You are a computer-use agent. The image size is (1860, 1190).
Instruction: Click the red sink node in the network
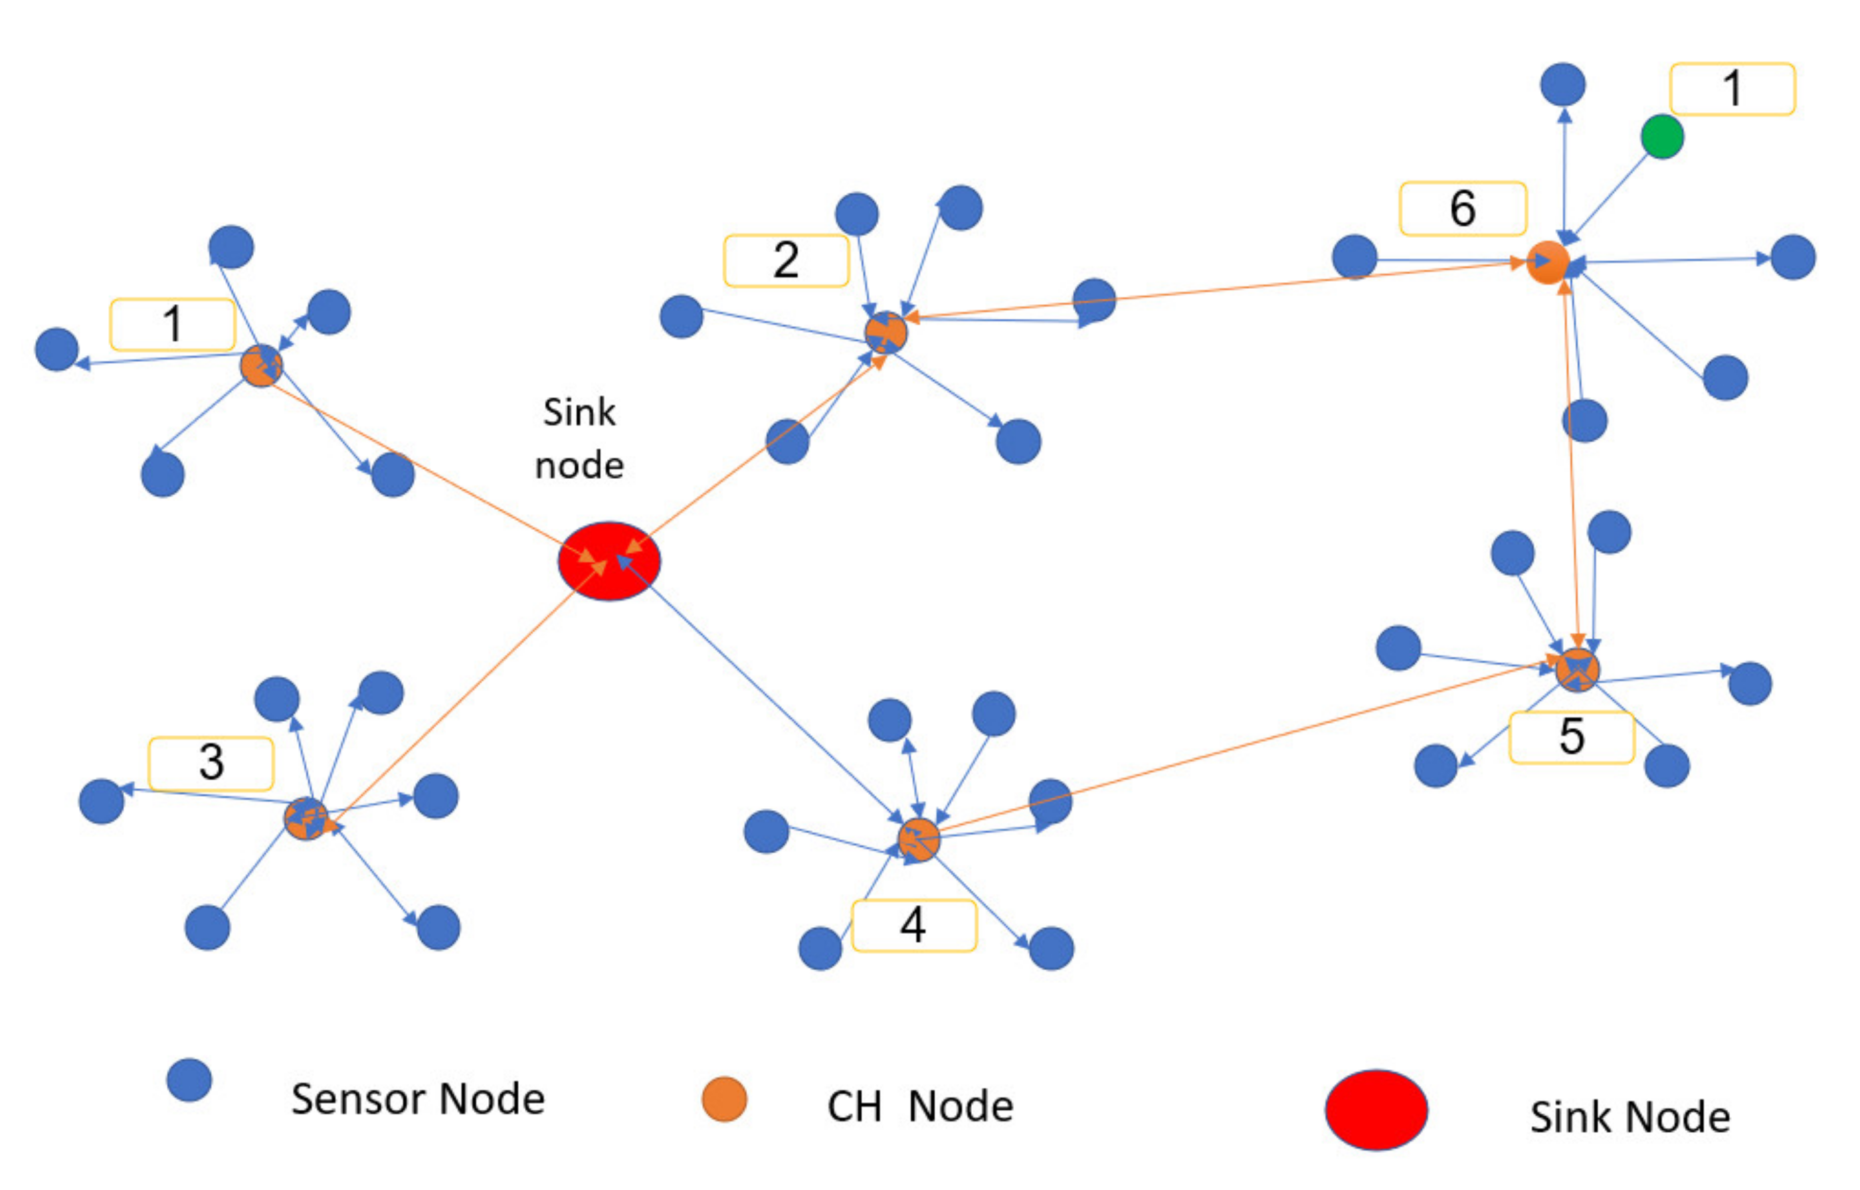click(609, 561)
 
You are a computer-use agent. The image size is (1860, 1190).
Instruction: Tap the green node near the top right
click(1662, 137)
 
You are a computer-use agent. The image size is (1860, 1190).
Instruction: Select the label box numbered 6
click(1463, 209)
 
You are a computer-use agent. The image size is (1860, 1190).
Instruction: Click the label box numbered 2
click(786, 260)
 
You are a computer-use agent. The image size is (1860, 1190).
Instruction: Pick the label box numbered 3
click(211, 764)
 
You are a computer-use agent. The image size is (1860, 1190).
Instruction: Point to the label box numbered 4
click(913, 925)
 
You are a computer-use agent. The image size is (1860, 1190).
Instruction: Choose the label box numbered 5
click(1572, 737)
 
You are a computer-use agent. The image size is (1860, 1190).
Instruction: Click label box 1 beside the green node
click(1732, 89)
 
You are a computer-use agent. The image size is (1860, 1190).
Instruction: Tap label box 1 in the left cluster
click(172, 325)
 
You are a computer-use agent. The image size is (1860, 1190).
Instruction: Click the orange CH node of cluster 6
click(1548, 263)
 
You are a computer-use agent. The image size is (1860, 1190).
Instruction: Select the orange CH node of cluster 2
click(885, 333)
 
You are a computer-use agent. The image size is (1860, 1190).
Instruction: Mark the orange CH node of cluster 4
click(919, 839)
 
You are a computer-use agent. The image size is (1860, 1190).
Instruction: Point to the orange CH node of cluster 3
click(306, 818)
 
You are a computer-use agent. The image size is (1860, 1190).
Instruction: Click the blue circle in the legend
click(189, 1080)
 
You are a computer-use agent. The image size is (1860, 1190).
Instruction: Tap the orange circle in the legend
click(724, 1099)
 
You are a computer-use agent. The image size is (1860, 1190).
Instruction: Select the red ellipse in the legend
click(1376, 1110)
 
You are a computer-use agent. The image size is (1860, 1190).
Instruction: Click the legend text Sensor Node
click(418, 1099)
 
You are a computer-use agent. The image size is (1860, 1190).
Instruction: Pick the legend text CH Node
click(919, 1106)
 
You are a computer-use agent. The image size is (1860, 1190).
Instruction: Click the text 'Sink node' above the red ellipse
click(579, 439)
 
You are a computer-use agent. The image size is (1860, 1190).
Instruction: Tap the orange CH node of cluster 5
click(1577, 669)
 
